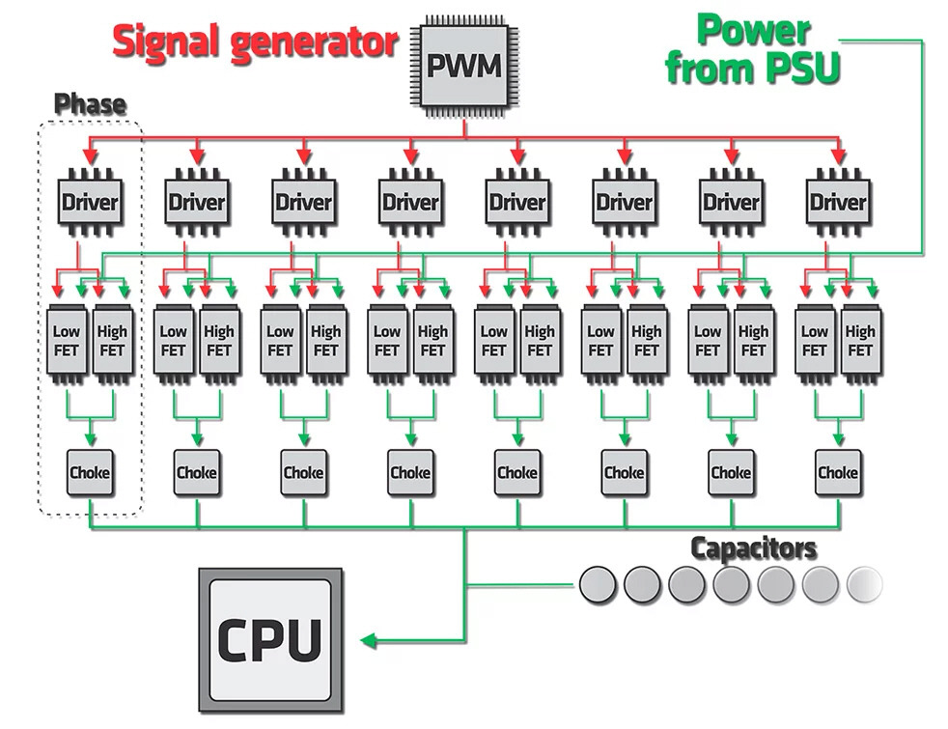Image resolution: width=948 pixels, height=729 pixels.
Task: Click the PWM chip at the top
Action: [464, 67]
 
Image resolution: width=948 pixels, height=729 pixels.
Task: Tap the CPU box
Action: [270, 638]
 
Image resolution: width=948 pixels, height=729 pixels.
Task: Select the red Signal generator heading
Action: [256, 42]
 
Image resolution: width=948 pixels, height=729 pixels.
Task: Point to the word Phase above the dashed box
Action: [90, 103]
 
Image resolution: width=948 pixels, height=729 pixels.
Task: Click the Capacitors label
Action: [753, 548]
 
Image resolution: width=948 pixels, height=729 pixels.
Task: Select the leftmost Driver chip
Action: [91, 203]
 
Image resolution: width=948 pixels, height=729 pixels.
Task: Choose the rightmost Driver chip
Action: [838, 203]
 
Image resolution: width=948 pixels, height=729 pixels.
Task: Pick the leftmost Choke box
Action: [90, 473]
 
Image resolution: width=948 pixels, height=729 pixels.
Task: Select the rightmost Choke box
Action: [837, 473]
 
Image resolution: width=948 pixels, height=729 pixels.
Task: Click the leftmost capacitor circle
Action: [598, 583]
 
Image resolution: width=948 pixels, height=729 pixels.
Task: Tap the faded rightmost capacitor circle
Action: [864, 583]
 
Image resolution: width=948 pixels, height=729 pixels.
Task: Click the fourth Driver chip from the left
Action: [411, 203]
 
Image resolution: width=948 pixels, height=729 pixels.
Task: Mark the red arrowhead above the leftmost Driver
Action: [91, 155]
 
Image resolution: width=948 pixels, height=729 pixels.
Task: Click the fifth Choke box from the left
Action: [517, 473]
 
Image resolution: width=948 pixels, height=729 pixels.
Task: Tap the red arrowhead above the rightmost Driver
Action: [838, 155]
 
